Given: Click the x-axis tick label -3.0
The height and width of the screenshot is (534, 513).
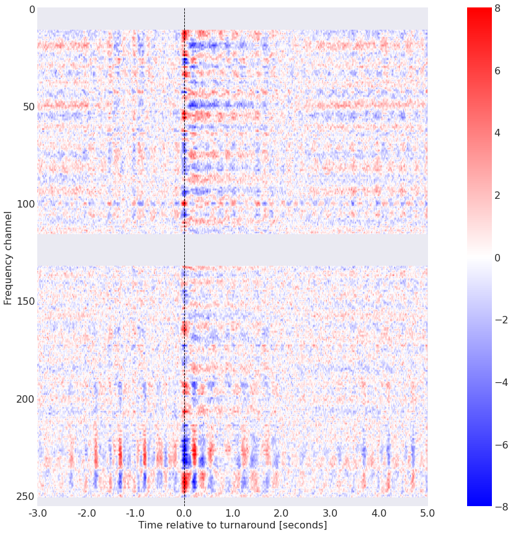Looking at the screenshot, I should click(x=37, y=513).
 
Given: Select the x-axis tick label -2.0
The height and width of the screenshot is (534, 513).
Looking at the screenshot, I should click(x=86, y=513).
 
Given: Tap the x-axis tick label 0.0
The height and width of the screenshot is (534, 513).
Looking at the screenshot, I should click(x=184, y=513).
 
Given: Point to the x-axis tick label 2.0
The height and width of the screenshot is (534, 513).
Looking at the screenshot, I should click(x=282, y=513).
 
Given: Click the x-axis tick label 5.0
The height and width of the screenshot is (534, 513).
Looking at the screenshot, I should click(x=427, y=513).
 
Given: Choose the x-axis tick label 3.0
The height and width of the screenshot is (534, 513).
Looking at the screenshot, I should click(x=330, y=513).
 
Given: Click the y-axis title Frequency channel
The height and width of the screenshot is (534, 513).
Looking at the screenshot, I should click(x=8, y=257).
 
